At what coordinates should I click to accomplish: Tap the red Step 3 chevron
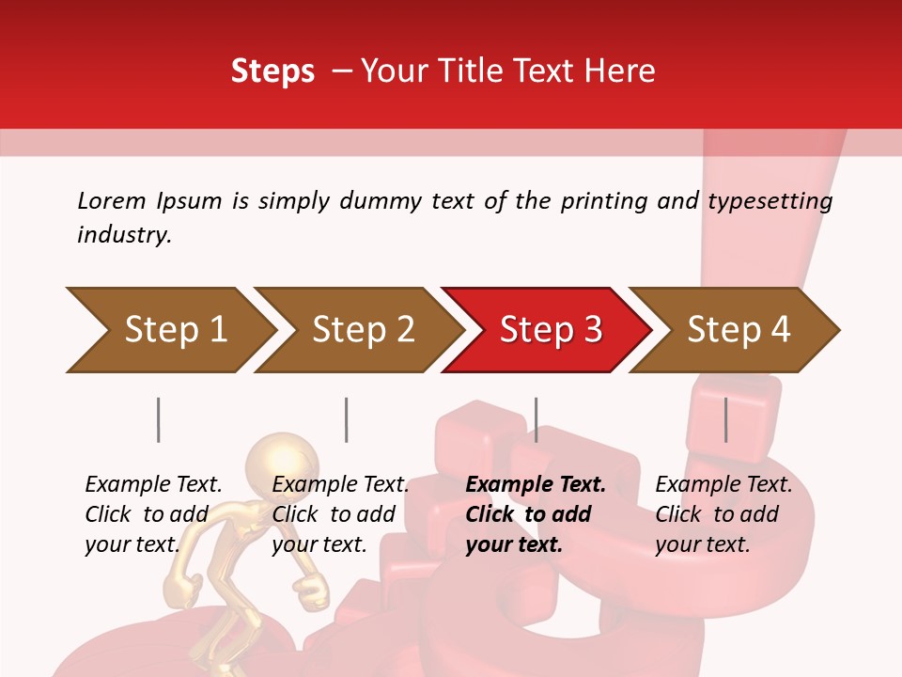(x=551, y=329)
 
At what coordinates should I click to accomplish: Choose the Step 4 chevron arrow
(x=739, y=329)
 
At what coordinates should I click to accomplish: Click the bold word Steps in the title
(x=272, y=71)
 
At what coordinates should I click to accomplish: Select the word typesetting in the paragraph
(x=770, y=201)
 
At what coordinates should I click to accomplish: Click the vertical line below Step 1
(x=158, y=419)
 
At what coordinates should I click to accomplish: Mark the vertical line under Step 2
(x=346, y=419)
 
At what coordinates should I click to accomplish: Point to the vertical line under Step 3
(x=536, y=419)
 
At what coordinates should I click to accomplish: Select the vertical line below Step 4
(x=725, y=419)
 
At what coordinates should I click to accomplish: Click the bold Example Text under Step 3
(x=536, y=485)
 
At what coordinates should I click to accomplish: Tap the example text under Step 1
(x=153, y=514)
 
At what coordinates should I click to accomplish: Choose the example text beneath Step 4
(x=723, y=514)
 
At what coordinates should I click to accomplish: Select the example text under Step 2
(x=340, y=514)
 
